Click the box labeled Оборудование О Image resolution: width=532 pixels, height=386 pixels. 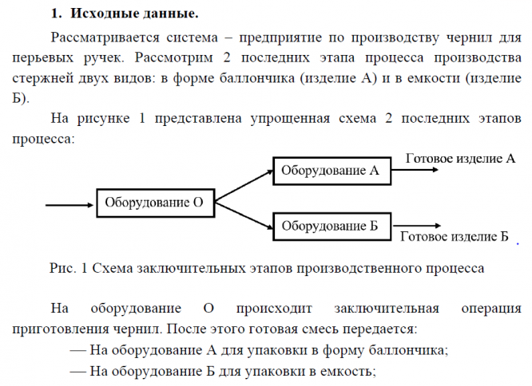pos(156,203)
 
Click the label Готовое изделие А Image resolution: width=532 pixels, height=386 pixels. pos(460,159)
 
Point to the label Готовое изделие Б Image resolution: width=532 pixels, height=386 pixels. pos(453,236)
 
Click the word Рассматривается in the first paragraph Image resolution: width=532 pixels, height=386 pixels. pos(104,37)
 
